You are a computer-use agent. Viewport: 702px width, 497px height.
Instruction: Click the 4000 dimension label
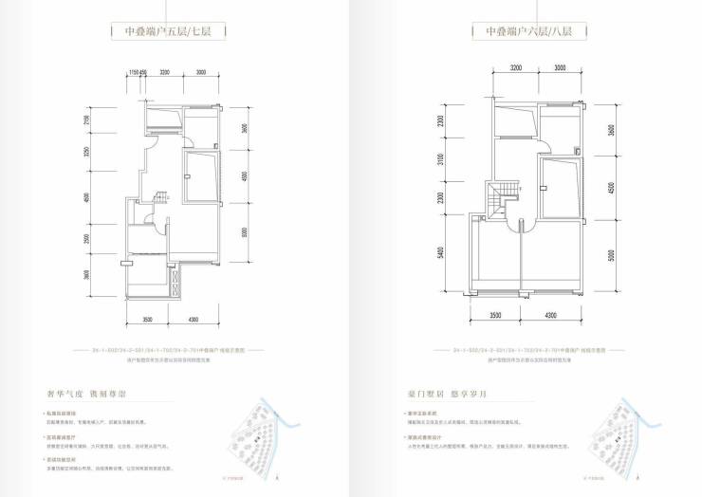[x=244, y=176]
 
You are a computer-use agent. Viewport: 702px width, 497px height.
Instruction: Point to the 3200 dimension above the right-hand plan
[x=516, y=68]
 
